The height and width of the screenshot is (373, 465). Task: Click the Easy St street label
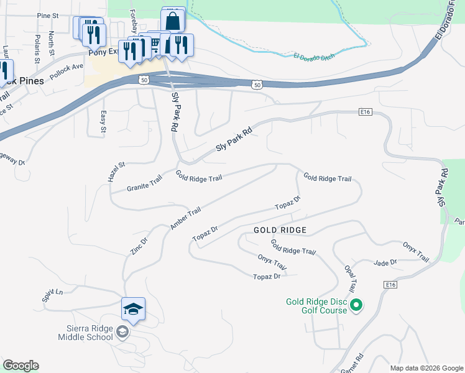pos(103,122)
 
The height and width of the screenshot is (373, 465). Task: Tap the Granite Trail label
pos(144,183)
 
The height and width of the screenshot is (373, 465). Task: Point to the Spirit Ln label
pos(52,295)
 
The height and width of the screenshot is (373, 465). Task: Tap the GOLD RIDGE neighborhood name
pos(280,230)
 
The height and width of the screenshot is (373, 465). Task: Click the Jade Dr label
pos(385,263)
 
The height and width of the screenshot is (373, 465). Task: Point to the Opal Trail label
pos(350,277)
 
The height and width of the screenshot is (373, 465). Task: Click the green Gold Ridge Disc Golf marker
pos(356,305)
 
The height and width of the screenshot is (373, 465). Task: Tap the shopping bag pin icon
pos(173,21)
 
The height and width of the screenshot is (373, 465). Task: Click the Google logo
pos(21,366)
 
